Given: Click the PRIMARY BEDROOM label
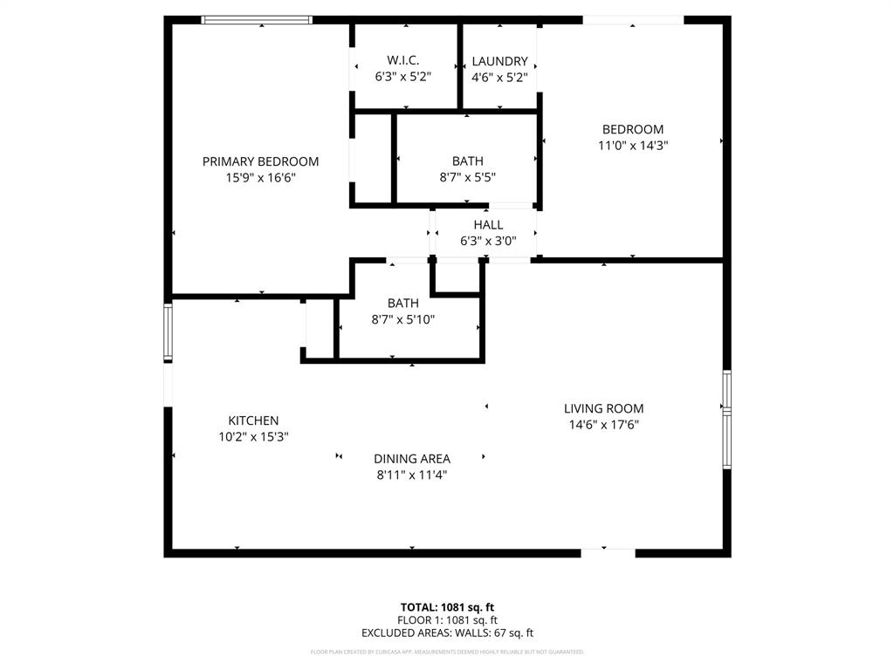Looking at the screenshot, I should click(x=260, y=161).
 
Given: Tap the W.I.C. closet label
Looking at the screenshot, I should click(x=402, y=60).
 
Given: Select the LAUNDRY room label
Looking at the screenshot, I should click(x=499, y=61).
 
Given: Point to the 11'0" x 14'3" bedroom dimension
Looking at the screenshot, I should click(x=632, y=146).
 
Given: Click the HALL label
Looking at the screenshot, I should click(x=488, y=225).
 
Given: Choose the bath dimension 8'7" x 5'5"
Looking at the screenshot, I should click(x=467, y=177).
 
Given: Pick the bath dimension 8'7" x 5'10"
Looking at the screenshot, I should click(x=402, y=319).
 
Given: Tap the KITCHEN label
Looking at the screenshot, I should click(x=253, y=420).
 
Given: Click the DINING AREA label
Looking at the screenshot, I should click(x=412, y=459).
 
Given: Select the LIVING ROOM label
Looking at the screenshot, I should click(x=603, y=408).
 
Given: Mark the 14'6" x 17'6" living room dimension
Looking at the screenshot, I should click(x=603, y=425).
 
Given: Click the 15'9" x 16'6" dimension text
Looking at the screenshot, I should click(x=260, y=178).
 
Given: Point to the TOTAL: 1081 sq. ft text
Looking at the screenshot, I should click(x=447, y=607).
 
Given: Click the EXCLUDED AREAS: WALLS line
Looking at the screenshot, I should click(x=447, y=633).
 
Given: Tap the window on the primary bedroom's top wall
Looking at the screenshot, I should click(x=257, y=19).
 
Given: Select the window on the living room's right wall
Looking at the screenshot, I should click(x=726, y=420).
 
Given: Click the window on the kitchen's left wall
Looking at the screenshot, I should click(x=168, y=332).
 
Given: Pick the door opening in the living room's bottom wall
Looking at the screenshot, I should click(x=608, y=552).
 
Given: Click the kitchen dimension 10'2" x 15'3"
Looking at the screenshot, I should click(x=253, y=437).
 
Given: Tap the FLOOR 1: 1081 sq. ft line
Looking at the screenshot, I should click(x=447, y=620).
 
